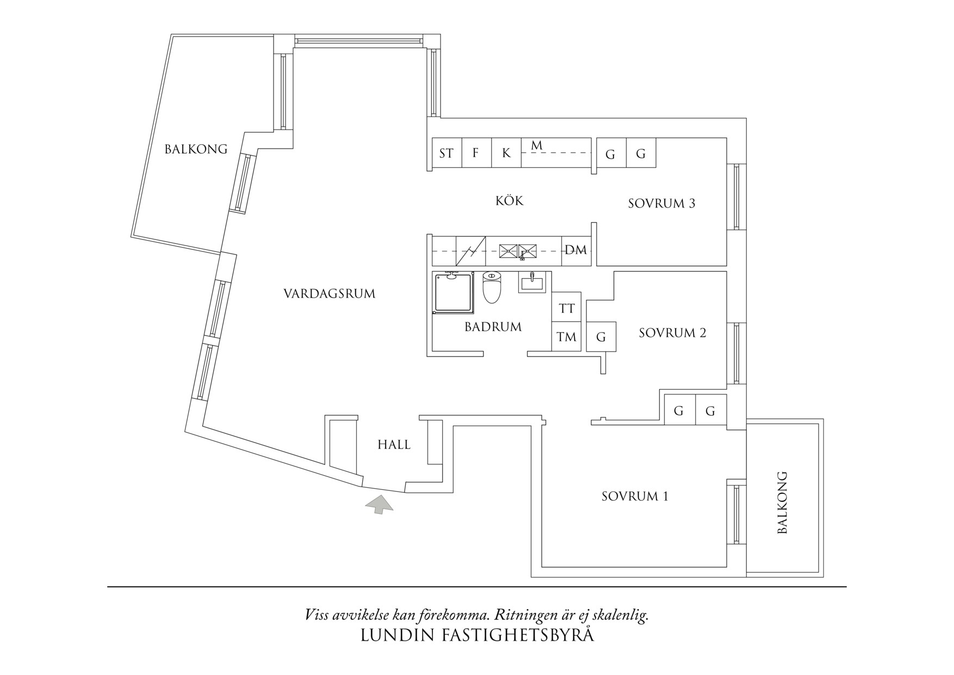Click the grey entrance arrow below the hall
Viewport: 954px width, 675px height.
(379, 505)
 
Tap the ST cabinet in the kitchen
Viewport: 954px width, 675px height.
(447, 153)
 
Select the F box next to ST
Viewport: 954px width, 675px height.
(476, 153)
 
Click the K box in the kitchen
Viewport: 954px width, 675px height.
(506, 153)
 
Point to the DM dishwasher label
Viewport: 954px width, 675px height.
(576, 250)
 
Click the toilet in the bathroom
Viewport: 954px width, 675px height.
(492, 287)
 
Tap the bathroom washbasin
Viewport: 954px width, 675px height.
(531, 283)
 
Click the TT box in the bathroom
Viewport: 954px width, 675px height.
(567, 309)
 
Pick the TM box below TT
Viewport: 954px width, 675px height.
(567, 337)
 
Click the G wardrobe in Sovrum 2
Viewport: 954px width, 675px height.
(601, 337)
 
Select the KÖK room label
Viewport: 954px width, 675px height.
(510, 201)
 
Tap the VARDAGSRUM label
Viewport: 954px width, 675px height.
(330, 294)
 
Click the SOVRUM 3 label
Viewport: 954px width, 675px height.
(661, 204)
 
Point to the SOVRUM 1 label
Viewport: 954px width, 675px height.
(635, 496)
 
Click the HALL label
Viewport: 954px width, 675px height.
(394, 445)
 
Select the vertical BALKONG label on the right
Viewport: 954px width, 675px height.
(782, 502)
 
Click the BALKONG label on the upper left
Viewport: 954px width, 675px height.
(196, 149)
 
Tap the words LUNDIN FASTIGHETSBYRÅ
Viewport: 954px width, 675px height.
(477, 635)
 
